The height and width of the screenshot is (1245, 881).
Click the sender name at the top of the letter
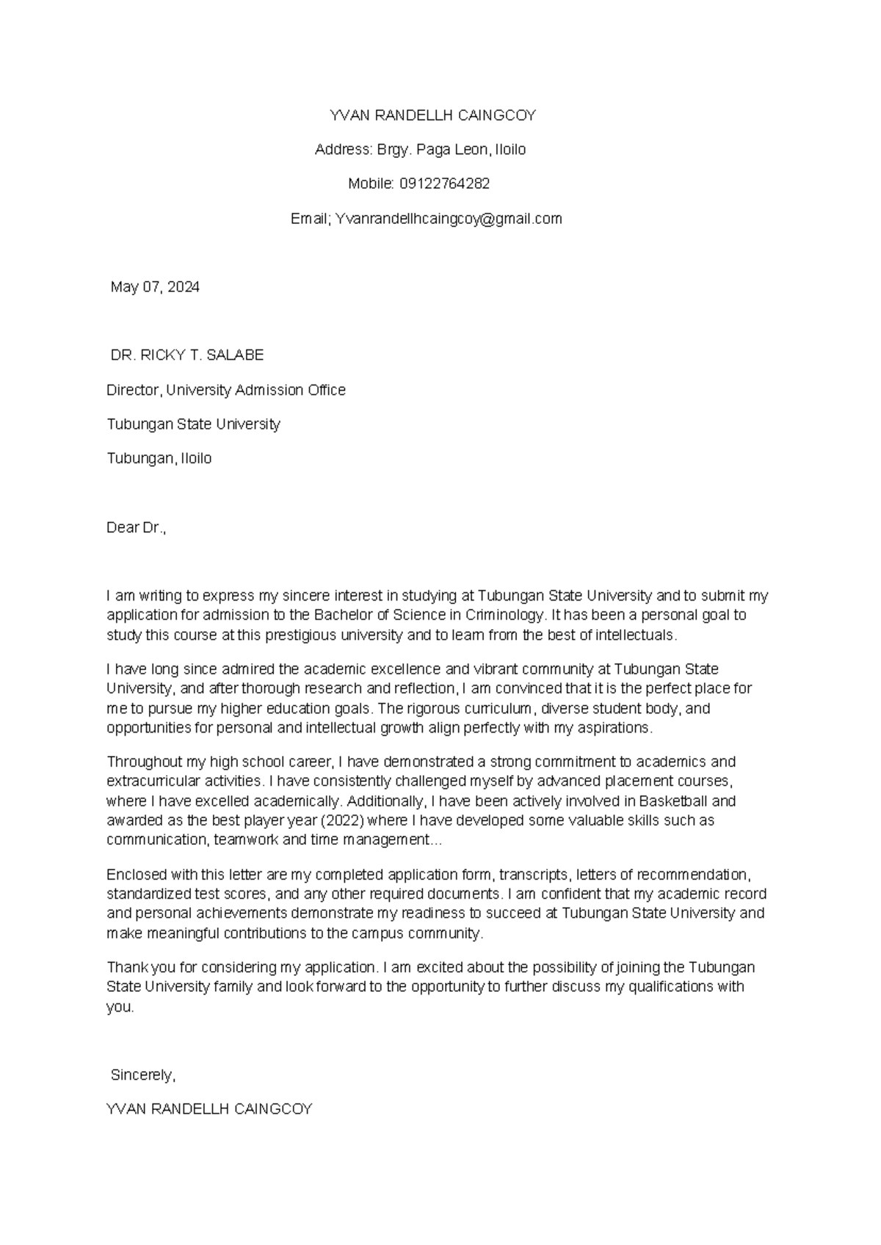pos(432,115)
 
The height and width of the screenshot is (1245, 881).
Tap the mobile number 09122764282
pos(444,184)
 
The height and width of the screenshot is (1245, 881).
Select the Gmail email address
pos(449,219)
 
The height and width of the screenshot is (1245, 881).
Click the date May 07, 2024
pos(155,287)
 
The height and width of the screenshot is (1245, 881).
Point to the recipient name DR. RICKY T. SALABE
pos(186,355)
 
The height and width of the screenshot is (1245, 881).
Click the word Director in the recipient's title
pos(133,391)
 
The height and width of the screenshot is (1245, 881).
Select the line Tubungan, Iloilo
pos(159,459)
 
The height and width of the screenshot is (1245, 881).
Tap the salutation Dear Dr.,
pos(137,528)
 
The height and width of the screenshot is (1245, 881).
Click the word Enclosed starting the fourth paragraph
pos(137,875)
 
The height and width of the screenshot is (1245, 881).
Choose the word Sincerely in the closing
pos(142,1075)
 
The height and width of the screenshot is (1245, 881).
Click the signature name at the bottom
pos(209,1109)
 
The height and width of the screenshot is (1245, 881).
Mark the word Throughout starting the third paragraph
pos(142,762)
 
